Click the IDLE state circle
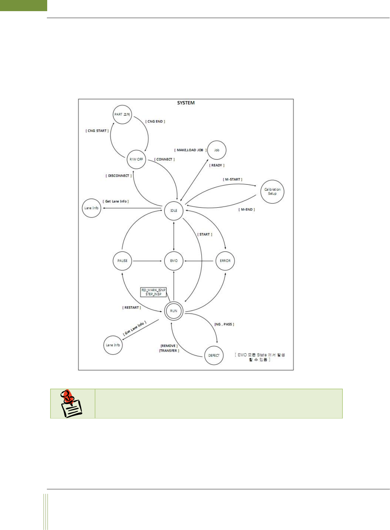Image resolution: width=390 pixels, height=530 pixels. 174,211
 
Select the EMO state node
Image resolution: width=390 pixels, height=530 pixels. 174,261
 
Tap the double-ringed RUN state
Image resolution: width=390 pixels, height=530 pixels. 174,311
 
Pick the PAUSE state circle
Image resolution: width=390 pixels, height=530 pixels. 122,261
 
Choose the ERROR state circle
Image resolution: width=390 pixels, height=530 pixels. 225,261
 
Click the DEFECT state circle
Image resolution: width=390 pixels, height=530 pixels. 214,355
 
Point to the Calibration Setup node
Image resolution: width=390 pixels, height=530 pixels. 272,192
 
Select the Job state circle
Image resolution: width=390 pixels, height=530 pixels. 217,150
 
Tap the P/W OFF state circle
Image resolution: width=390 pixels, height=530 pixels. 136,159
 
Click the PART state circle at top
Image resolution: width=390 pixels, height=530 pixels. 122,114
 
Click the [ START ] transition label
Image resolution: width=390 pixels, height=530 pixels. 205,234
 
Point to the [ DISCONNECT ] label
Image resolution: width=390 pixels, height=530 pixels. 119,176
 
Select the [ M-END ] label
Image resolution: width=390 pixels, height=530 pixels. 246,210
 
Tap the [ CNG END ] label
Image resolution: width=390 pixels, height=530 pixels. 155,121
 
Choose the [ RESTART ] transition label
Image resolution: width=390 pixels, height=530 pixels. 132,308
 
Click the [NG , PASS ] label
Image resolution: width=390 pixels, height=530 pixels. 224,324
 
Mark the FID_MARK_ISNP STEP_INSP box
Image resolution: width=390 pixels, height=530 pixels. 153,292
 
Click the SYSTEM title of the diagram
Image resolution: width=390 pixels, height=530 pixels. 186,103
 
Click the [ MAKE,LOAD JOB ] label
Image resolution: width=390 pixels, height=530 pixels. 190,150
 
